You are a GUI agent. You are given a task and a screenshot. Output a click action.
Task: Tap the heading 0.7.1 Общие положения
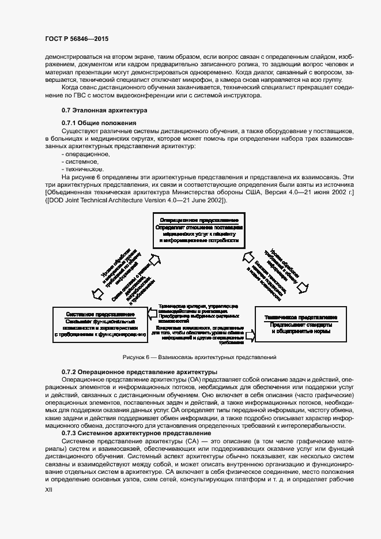[99, 123]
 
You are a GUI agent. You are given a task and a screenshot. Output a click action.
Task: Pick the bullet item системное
[82, 162]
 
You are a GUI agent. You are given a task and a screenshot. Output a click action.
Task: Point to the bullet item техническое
[84, 169]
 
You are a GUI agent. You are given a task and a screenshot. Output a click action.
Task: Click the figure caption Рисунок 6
[199, 357]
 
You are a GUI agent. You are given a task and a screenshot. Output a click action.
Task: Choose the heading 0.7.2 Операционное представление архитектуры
[139, 373]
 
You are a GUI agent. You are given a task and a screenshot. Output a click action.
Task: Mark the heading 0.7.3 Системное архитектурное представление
[136, 433]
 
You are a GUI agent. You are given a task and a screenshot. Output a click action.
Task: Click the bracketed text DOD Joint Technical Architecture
[128, 200]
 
